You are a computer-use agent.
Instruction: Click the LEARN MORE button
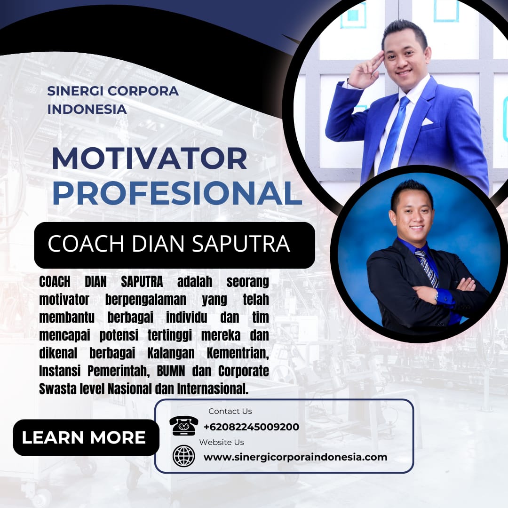(86, 437)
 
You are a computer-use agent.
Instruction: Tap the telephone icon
(184, 425)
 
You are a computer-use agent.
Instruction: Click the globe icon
(184, 456)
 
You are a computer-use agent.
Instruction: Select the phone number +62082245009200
(251, 427)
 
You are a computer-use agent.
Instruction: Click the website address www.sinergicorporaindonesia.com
(295, 457)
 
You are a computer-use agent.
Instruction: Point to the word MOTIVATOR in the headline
(150, 159)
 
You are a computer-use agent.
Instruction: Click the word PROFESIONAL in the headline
(177, 193)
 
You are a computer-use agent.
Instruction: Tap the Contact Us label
(230, 411)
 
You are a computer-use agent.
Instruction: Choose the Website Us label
(221, 442)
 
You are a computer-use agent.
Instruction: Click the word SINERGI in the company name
(75, 91)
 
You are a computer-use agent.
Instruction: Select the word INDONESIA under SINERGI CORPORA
(87, 109)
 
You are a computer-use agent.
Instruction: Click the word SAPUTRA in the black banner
(241, 244)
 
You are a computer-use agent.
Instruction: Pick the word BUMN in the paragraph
(171, 371)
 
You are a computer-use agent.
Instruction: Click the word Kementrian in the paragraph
(238, 353)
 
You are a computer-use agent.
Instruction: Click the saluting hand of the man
(365, 70)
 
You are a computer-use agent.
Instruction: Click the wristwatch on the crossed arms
(437, 295)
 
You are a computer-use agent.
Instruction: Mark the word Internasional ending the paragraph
(213, 389)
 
